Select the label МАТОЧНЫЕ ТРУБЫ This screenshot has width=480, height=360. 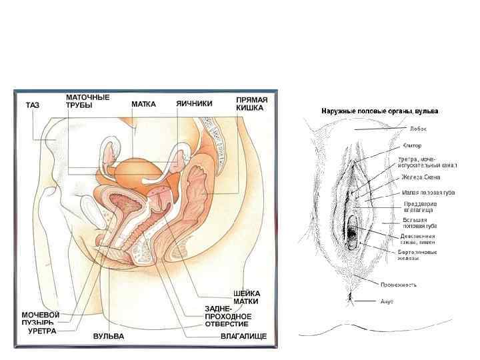pyautogui.click(x=88, y=101)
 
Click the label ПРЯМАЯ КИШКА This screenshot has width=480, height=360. pyautogui.click(x=252, y=103)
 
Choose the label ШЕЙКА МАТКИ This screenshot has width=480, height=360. pyautogui.click(x=247, y=297)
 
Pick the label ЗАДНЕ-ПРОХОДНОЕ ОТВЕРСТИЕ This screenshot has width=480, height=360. pyautogui.click(x=227, y=316)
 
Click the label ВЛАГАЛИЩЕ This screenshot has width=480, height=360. pyautogui.click(x=243, y=336)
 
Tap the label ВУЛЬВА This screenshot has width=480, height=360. pyautogui.click(x=108, y=336)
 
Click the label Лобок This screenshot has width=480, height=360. pyautogui.click(x=418, y=129)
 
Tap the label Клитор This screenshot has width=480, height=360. pyautogui.click(x=412, y=145)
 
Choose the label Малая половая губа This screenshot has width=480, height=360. pyautogui.click(x=429, y=192)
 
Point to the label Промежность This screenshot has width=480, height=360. pyautogui.click(x=399, y=285)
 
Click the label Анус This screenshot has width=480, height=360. pyautogui.click(x=387, y=301)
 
